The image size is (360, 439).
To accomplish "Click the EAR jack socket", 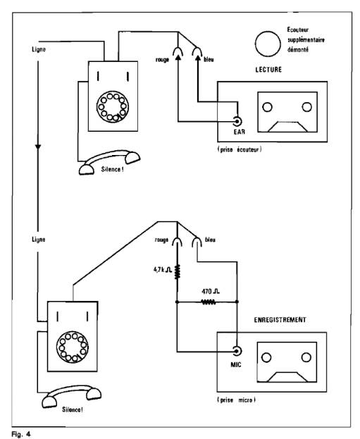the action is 237,121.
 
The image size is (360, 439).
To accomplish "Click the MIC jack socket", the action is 237,351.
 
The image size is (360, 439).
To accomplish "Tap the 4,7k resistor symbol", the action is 178,271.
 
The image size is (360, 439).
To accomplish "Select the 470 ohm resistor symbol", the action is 209,302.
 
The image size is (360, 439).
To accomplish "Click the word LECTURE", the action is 268,70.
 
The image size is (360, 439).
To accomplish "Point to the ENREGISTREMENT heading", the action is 280,320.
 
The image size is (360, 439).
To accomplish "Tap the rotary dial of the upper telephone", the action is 113,106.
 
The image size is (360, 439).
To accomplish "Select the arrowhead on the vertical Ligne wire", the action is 38,147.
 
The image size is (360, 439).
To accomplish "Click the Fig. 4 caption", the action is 21,434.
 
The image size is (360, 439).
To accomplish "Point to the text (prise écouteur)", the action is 240,149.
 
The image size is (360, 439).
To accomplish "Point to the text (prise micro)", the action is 237,400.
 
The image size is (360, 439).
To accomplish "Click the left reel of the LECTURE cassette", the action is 267,107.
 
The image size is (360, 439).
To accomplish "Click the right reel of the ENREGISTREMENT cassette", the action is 306,357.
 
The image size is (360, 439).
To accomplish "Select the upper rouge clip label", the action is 162,60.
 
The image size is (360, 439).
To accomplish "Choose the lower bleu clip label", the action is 210,240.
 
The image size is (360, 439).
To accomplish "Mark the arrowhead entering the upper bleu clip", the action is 198,58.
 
